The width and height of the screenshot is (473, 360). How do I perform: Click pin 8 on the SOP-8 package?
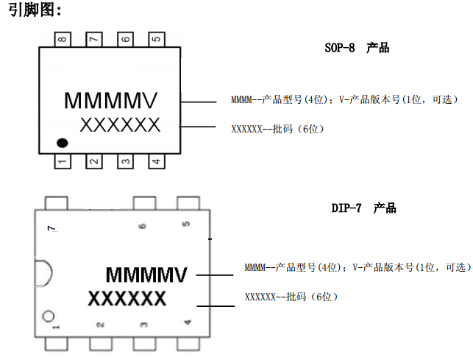coord(63,40)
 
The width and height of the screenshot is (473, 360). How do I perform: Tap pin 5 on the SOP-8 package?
coord(155,40)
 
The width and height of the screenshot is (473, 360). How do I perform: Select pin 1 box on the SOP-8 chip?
coord(63,160)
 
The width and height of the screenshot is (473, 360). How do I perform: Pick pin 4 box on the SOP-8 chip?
coord(155,160)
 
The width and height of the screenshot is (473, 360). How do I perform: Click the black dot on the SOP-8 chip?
coord(63,141)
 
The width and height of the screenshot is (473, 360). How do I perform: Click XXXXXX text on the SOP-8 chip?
coord(120,125)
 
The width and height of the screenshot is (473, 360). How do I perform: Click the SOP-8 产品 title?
coord(357,49)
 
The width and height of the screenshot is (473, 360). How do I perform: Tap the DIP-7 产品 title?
coord(363,208)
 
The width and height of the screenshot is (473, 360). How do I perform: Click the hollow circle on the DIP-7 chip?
coord(49,317)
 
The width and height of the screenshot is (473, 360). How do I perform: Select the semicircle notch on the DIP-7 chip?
coord(43,274)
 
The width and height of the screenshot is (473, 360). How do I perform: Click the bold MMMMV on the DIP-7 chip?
coord(146,275)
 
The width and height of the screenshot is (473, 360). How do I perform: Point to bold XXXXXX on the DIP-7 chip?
coord(127,299)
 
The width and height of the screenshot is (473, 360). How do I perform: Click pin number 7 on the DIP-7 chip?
coord(51,229)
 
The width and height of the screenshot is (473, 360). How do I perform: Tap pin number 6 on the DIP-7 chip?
coord(142,226)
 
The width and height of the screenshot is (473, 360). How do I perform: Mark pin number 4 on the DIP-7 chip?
coord(187,322)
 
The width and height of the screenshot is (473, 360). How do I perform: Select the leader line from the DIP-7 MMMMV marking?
coord(216,275)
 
